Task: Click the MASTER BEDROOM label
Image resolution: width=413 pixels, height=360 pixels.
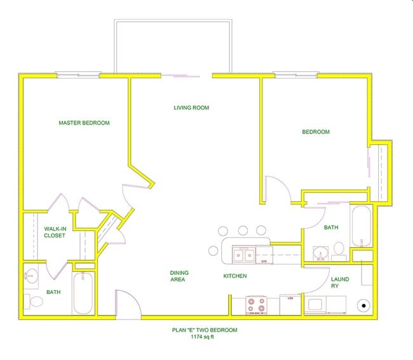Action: click(x=84, y=123)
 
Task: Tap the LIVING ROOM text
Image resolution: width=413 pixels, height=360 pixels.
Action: click(x=191, y=108)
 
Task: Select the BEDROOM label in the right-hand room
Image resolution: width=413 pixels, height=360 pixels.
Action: click(x=315, y=132)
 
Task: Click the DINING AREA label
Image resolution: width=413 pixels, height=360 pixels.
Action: click(x=179, y=276)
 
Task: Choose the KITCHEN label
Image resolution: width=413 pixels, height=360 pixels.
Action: click(x=234, y=276)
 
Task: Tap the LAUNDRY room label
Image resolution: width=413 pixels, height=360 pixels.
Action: click(x=340, y=283)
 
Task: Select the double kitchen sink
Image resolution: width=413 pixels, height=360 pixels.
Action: click(x=243, y=255)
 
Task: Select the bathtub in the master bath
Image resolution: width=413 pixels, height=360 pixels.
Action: click(x=83, y=293)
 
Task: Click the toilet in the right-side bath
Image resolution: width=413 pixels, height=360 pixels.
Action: click(x=339, y=249)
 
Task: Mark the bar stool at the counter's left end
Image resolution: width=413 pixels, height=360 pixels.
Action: click(x=213, y=250)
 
